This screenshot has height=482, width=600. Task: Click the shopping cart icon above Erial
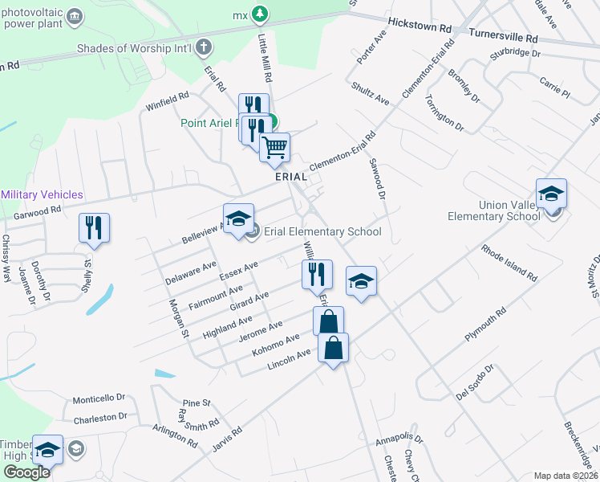[x=275, y=147]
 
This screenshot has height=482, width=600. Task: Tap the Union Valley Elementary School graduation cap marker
[x=551, y=194]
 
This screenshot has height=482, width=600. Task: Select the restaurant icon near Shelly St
[x=94, y=227]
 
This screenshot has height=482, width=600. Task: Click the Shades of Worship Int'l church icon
[x=204, y=47]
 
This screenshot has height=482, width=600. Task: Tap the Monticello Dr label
[x=99, y=398]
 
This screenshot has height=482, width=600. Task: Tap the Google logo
[x=26, y=472]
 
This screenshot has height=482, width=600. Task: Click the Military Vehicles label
[x=42, y=195]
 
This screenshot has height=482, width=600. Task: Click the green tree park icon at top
[x=260, y=14]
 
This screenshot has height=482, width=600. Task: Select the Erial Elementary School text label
[x=323, y=232]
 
